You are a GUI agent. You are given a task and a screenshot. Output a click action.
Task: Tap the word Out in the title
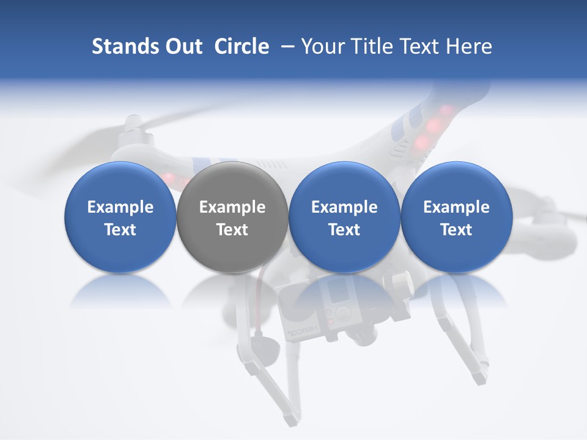[x=182, y=46]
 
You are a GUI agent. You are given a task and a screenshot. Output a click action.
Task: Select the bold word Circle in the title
[x=242, y=46]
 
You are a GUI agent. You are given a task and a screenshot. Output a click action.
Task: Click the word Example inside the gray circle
[x=232, y=207]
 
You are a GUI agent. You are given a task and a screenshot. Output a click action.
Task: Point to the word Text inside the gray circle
[x=232, y=230]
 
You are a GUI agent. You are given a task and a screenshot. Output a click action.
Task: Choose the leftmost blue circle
[x=120, y=217]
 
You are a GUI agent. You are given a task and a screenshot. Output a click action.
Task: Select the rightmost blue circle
[x=456, y=217]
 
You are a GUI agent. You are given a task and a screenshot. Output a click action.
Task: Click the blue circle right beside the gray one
[x=344, y=217]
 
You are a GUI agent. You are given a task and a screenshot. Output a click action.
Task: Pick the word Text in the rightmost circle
[x=456, y=230]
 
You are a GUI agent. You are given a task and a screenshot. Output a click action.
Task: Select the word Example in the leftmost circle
[x=120, y=207]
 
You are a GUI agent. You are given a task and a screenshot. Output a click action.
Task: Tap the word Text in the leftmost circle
[x=120, y=230]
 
